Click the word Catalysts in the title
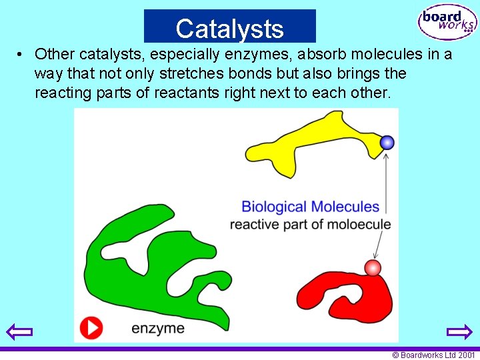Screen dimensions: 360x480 (x=230, y=29)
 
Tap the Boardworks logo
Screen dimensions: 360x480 (x=447, y=23)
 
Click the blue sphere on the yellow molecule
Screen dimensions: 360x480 (x=387, y=142)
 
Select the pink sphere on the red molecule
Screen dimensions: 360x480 (x=373, y=267)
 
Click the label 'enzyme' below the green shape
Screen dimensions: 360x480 (x=158, y=328)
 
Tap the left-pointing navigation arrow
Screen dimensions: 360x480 (x=19, y=331)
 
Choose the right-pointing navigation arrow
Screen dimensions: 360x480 (x=459, y=331)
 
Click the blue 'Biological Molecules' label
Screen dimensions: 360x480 (x=310, y=207)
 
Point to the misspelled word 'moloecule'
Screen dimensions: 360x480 (x=360, y=224)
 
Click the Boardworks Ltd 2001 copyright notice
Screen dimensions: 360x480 (x=433, y=355)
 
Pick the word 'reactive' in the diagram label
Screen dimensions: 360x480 (x=254, y=224)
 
